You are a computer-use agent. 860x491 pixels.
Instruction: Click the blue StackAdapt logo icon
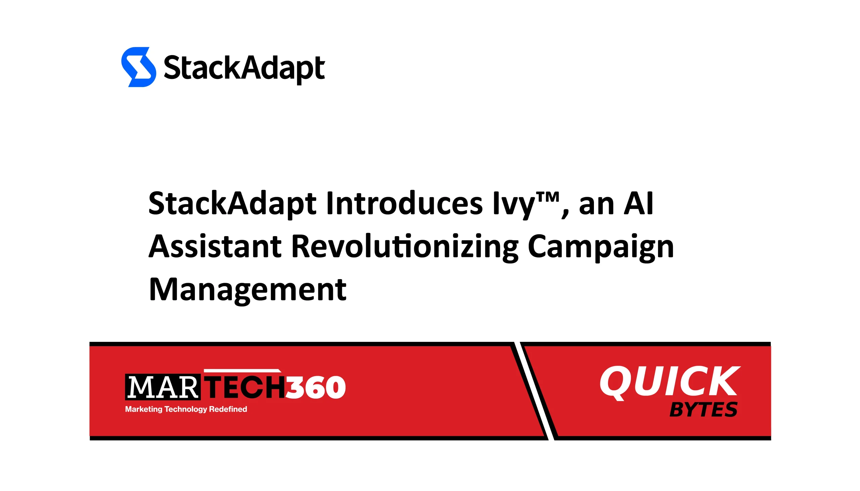click(138, 67)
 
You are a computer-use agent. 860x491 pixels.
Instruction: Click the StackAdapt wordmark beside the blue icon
click(244, 69)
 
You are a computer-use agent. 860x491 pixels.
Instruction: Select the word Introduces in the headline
click(404, 203)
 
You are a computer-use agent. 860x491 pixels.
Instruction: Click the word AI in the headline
click(638, 203)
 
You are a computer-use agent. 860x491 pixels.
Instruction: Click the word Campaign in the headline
click(600, 247)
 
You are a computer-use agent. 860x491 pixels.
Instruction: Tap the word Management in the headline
click(248, 290)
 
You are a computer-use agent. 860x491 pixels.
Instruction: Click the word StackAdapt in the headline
click(232, 204)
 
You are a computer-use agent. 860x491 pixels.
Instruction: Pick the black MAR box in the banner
click(163, 387)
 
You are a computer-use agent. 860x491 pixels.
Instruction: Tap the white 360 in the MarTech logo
click(316, 388)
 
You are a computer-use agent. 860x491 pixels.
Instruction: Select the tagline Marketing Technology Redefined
click(186, 409)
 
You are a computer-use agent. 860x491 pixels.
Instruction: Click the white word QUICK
click(670, 382)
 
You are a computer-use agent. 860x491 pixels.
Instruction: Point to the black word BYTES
click(703, 410)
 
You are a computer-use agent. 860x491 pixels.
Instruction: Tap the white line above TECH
click(242, 371)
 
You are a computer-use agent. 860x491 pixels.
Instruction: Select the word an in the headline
click(596, 204)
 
